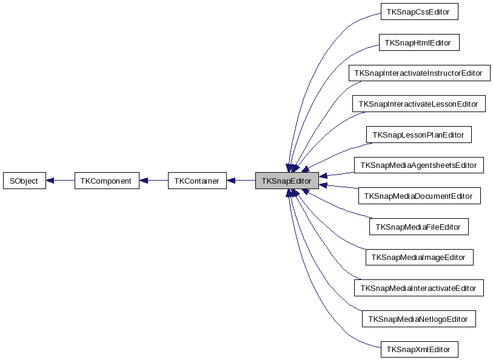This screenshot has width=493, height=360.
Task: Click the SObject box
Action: click(x=24, y=181)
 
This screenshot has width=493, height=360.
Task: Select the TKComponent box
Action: click(x=106, y=181)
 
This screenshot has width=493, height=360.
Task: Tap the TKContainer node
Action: click(x=197, y=181)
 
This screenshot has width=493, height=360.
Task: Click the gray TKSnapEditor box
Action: click(x=286, y=181)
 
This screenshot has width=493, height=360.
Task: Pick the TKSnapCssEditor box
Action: click(x=418, y=12)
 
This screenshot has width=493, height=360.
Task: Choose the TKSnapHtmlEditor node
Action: click(x=419, y=42)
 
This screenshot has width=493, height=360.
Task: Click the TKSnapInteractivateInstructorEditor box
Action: click(x=418, y=73)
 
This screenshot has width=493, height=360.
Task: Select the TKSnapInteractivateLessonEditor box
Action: click(x=418, y=104)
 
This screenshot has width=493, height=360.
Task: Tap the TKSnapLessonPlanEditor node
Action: click(x=418, y=135)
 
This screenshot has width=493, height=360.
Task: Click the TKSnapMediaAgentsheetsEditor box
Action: click(x=418, y=165)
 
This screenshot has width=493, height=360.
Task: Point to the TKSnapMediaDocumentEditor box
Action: click(x=419, y=196)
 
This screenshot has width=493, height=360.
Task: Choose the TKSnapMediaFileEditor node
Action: click(x=418, y=227)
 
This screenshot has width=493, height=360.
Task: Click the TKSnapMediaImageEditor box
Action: click(x=418, y=258)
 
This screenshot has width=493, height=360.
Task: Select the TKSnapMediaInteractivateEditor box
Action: click(x=418, y=288)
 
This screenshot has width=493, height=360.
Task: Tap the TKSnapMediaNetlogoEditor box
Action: click(x=418, y=319)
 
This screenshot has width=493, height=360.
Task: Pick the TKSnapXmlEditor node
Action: click(x=418, y=350)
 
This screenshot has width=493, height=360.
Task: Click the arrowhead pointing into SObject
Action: click(x=51, y=181)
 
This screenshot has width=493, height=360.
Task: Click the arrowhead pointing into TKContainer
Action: click(x=232, y=181)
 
